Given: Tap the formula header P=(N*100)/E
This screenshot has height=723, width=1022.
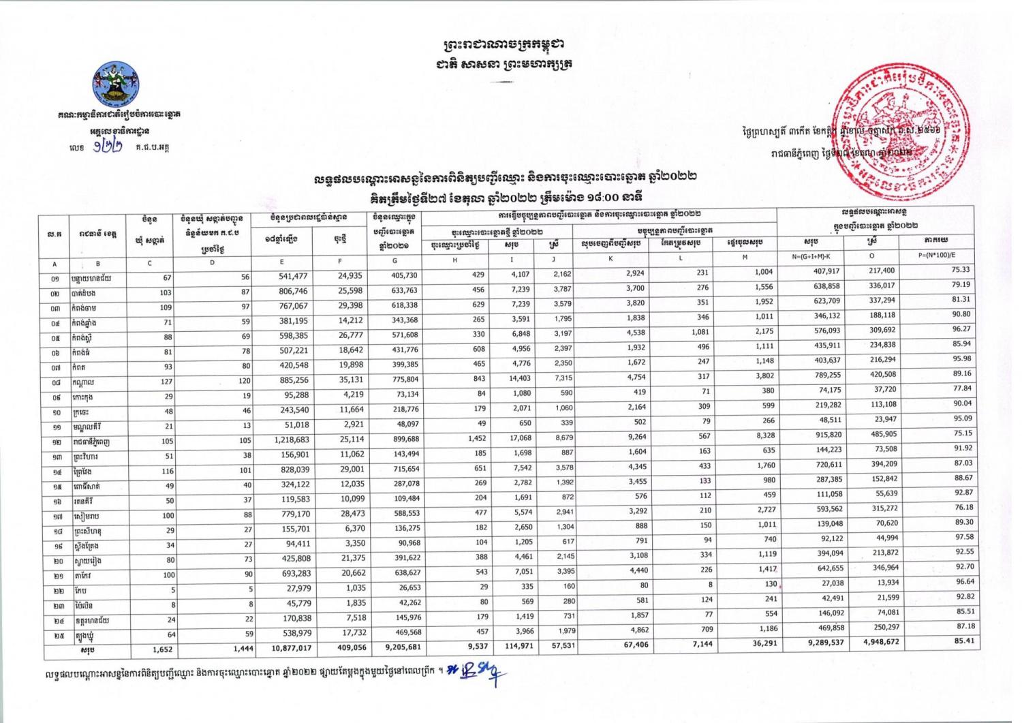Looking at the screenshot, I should click(941, 256).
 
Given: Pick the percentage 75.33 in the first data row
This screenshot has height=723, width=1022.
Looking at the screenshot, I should click(961, 270).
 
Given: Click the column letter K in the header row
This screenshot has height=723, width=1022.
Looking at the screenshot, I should click(610, 258).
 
